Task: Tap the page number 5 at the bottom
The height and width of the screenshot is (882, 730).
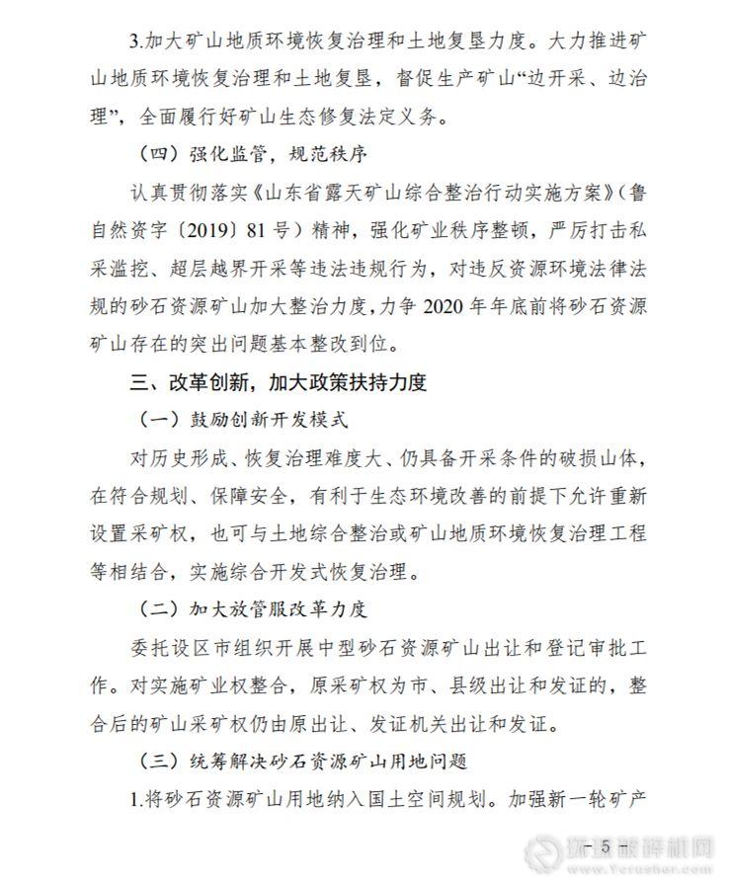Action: (600, 847)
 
